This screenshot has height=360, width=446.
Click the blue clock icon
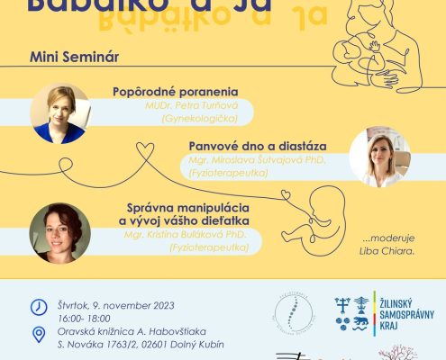(x=39, y=307)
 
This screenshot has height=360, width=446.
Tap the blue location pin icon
(x=39, y=335)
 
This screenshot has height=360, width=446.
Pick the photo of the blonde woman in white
(x=379, y=157)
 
